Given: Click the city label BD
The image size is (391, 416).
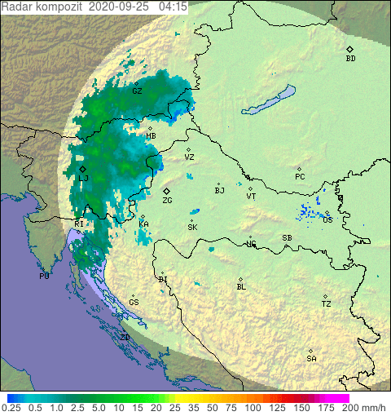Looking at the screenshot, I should click(x=350, y=59).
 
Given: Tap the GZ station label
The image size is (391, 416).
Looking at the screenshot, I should click(x=137, y=91).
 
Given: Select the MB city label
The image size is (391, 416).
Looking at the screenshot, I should click(x=152, y=136).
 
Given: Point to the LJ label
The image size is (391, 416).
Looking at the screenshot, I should click(x=83, y=178).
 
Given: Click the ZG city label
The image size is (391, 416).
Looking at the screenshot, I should click(x=167, y=201).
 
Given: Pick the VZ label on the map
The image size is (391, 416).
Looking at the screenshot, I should click(x=189, y=157).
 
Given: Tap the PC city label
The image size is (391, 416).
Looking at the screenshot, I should click(x=300, y=177).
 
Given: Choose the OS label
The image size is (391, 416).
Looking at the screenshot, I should click(x=327, y=220).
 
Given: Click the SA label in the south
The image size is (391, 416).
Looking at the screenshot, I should click(x=311, y=359).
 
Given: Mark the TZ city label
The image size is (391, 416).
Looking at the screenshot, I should click(x=326, y=304).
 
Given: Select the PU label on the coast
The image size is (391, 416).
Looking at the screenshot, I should click(x=44, y=277).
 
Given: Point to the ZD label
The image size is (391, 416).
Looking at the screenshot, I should click(x=125, y=337).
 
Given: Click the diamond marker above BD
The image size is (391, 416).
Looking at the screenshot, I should click(x=349, y=49).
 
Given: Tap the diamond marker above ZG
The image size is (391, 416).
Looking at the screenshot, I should click(x=166, y=191).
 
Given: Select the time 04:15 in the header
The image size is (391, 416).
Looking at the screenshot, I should click(x=174, y=7).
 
